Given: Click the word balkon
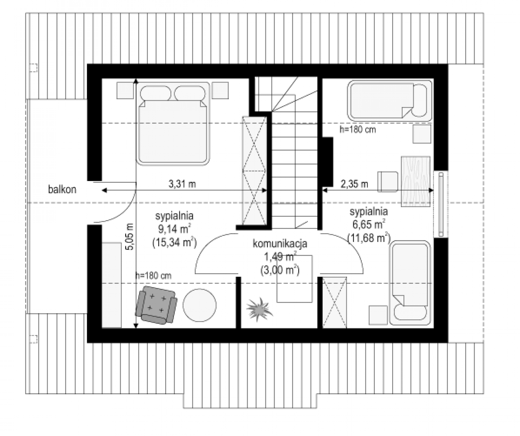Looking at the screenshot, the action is pyautogui.click(x=62, y=190).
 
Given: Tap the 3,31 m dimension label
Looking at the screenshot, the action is pyautogui.click(x=182, y=184).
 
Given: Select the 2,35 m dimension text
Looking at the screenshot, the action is pyautogui.click(x=354, y=184).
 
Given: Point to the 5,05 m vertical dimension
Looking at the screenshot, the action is pyautogui.click(x=130, y=237).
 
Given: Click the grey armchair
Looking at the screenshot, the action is pyautogui.click(x=156, y=305).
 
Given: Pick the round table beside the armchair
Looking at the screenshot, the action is pyautogui.click(x=199, y=305).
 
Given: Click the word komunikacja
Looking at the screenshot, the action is pyautogui.click(x=280, y=244).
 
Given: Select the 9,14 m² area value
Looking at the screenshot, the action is pyautogui.click(x=174, y=229).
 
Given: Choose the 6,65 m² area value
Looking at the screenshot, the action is pyautogui.click(x=369, y=224).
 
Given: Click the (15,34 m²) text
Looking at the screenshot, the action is pyautogui.click(x=174, y=242).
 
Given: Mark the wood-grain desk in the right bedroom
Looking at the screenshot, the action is pyautogui.click(x=416, y=182).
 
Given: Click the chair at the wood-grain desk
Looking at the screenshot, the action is pyautogui.click(x=387, y=182).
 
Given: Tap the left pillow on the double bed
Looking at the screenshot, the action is pyautogui.click(x=156, y=93).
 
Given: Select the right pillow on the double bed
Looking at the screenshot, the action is pyautogui.click(x=190, y=93).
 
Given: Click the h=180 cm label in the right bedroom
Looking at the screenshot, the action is pyautogui.click(x=358, y=130).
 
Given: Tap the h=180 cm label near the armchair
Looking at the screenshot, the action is pyautogui.click(x=153, y=275).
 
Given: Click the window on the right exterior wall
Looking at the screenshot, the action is pyautogui.click(x=441, y=204).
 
